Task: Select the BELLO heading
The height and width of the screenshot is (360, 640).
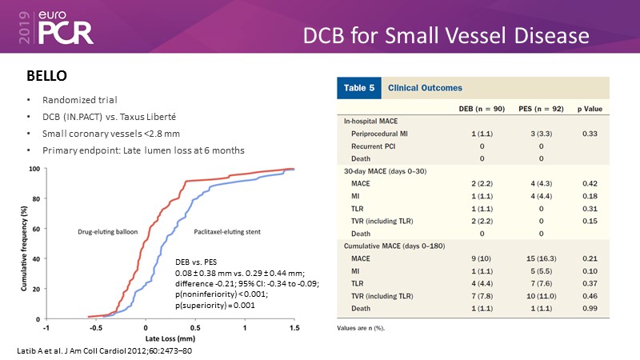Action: (49, 77)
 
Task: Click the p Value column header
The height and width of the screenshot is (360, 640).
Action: (590, 107)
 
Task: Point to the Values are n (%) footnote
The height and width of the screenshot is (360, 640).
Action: (362, 328)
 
